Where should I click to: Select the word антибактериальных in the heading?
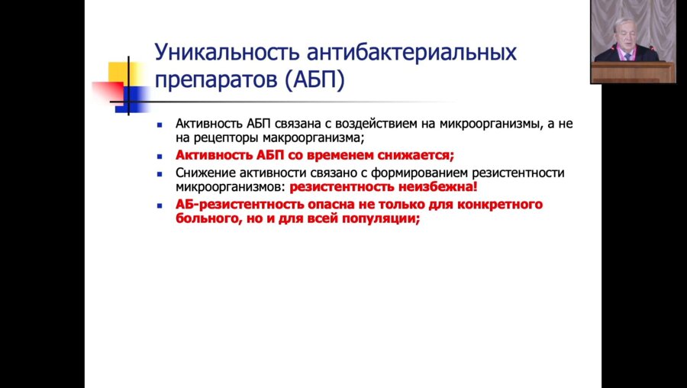pos(411,53)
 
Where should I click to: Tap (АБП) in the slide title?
pos(314,80)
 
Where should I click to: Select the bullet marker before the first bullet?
pos(160,124)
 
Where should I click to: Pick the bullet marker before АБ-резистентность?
pos(160,206)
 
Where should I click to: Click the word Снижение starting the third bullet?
pos(201,173)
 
